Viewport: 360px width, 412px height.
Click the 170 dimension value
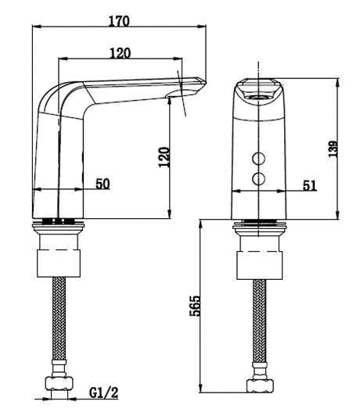pos(119,21)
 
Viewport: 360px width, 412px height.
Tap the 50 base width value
pos(103,184)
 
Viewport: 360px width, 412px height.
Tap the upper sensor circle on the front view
pos(257,160)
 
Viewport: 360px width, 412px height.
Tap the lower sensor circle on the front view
pos(257,180)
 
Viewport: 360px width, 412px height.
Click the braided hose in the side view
pos(59,321)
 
